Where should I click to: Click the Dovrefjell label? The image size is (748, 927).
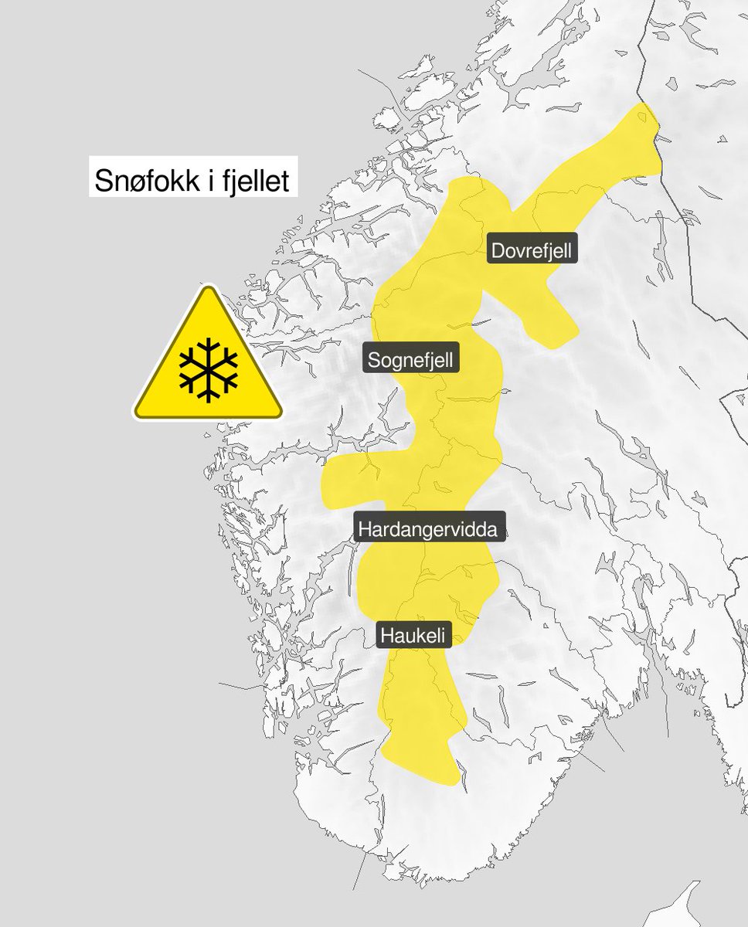[532, 251]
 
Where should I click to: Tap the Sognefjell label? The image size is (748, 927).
[412, 359]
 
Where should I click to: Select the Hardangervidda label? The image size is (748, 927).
[431, 529]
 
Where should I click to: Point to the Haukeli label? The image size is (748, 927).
[413, 635]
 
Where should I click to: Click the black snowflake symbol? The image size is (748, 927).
[208, 368]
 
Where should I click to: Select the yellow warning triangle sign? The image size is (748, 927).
[208, 363]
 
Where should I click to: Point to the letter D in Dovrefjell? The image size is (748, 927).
[498, 251]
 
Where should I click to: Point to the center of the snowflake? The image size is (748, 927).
[208, 368]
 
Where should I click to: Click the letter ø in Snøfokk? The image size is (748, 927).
[130, 183]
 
